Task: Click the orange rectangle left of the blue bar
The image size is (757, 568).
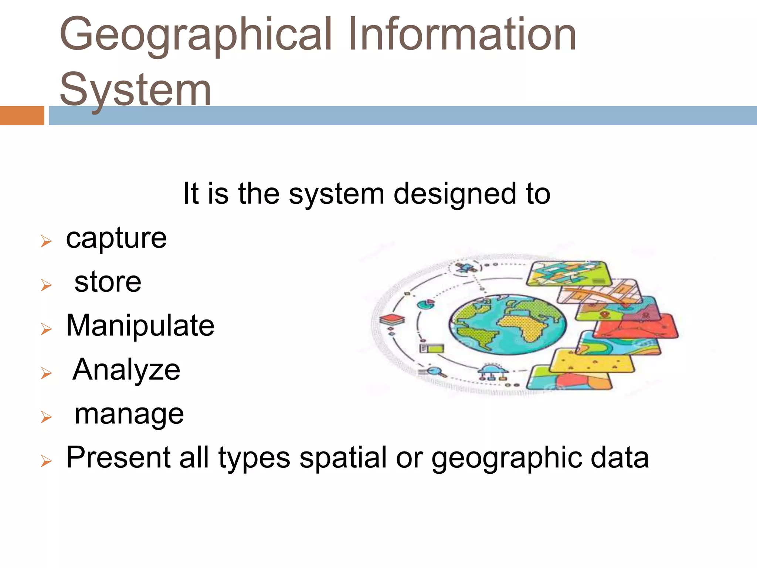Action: coord(22,115)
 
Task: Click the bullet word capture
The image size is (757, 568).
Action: coord(116,238)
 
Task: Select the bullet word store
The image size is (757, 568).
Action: coord(108,282)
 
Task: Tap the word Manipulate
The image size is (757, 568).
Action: coord(140,325)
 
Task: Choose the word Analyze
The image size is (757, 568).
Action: coord(126,369)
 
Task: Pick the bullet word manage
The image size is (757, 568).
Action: coord(129,414)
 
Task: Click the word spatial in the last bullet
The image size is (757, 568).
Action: coord(343,458)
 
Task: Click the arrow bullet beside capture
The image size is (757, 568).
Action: coord(46,241)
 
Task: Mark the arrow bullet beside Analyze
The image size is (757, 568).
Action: coord(46,373)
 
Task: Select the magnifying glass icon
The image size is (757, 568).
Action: coord(435,371)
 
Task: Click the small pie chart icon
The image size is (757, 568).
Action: coord(426,304)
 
